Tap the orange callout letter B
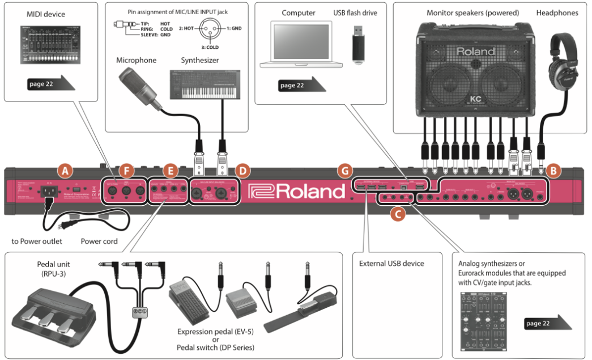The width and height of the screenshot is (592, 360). pos(555,169)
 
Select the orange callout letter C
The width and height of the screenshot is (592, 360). pos(398,214)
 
